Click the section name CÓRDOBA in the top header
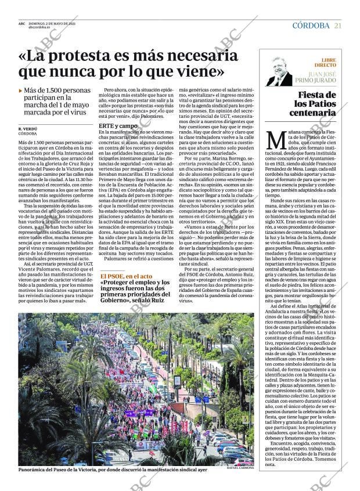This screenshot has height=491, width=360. click(x=311, y=26)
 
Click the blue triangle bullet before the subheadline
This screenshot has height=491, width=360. click(x=21, y=91)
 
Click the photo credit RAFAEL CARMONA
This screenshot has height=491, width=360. click(x=238, y=468)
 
